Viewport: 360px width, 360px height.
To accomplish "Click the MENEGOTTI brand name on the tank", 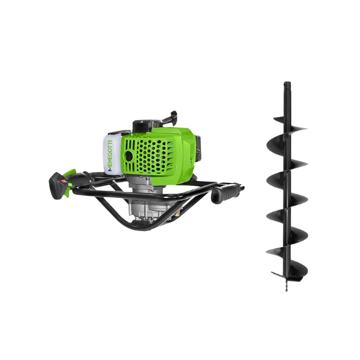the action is pos(110,155).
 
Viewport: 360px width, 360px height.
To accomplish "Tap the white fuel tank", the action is pos(112,154).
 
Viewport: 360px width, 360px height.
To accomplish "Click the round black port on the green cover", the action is pos(129,157).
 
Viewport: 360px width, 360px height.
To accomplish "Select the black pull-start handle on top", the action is pos(170,116).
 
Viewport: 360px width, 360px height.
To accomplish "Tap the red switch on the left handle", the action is pos(64,181).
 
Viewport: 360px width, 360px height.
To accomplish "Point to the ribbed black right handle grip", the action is pos(226,192).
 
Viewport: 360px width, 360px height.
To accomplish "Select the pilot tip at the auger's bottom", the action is pos(286,287).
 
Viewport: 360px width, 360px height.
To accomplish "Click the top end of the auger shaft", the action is pos(287,83).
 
